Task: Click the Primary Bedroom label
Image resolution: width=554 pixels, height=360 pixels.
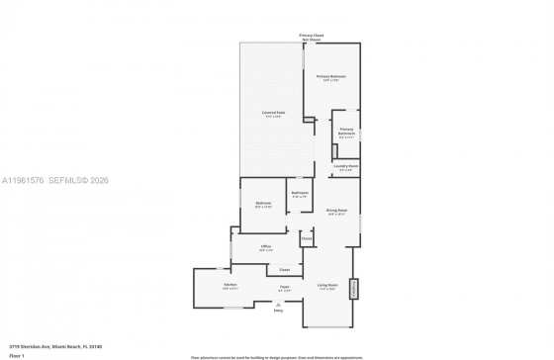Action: click(x=330, y=77)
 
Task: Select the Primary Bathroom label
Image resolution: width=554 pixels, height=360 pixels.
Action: click(x=346, y=132)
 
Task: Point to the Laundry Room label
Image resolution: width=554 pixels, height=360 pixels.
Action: click(x=346, y=167)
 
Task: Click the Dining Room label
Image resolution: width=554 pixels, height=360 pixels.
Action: click(x=336, y=211)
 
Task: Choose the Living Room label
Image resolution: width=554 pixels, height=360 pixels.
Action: click(x=327, y=287)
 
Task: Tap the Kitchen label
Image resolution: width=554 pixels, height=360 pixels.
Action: click(x=231, y=286)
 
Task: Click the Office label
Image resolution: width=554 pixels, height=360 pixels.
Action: click(x=265, y=247)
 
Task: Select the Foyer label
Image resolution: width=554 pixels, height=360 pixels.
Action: click(x=284, y=287)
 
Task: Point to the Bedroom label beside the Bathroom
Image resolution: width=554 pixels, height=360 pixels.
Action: click(x=263, y=204)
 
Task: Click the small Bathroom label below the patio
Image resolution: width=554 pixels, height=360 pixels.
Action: click(x=300, y=194)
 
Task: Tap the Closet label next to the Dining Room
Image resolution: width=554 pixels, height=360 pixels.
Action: click(x=307, y=238)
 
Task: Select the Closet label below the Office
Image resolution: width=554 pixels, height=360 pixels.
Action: click(x=284, y=269)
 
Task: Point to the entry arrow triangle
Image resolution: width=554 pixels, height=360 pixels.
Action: click(x=278, y=304)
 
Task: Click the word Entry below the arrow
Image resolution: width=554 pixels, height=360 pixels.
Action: click(x=278, y=311)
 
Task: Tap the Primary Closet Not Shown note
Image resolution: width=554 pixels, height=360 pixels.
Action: click(x=313, y=38)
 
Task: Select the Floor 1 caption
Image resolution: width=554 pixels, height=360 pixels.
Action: click(x=17, y=355)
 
